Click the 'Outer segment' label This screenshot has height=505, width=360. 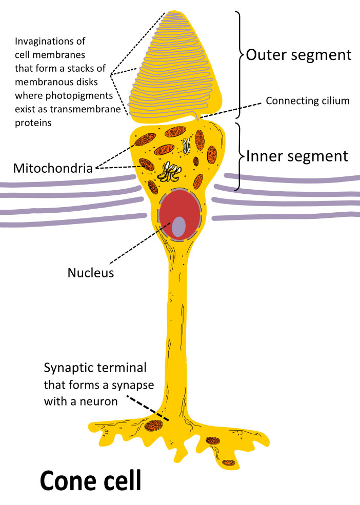point(298,55)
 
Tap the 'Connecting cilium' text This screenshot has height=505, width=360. point(307,100)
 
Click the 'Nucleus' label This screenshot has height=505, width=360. point(90,272)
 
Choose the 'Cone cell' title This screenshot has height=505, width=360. point(90,481)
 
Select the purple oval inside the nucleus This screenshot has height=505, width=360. point(178,227)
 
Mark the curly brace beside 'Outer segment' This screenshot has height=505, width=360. point(238,54)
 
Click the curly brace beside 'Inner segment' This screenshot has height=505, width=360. point(239,154)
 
